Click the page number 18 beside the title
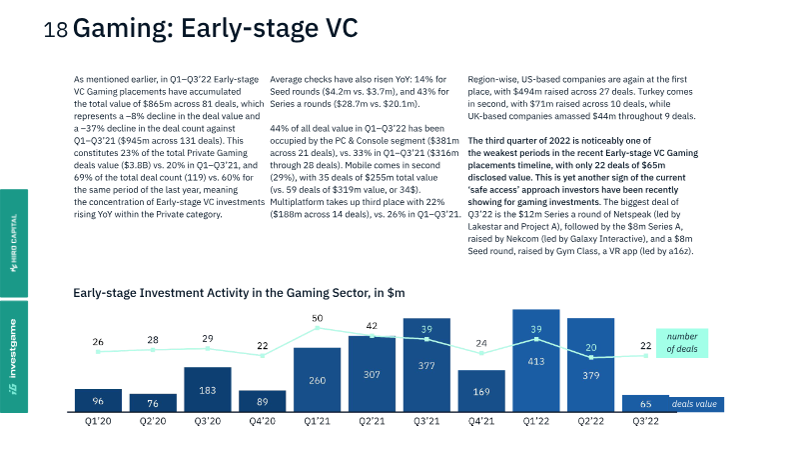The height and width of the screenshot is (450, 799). tap(56, 30)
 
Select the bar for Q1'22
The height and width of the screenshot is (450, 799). tap(536, 360)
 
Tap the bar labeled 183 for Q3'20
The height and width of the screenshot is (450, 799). tap(208, 389)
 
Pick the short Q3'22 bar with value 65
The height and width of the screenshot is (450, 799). tap(645, 403)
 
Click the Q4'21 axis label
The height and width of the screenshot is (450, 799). tap(481, 421)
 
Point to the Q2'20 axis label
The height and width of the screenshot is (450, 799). tap(153, 421)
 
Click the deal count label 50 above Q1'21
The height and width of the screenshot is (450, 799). tap(317, 318)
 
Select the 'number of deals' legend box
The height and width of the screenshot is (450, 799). tap(682, 343)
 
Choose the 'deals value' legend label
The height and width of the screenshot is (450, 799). tap(694, 404)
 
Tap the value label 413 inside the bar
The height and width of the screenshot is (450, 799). tap(536, 362)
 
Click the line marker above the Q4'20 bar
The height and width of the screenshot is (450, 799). tap(263, 356)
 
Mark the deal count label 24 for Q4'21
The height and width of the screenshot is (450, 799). tap(481, 343)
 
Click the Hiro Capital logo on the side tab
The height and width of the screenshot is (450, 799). tap(14, 243)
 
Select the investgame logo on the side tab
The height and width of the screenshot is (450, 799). tap(13, 357)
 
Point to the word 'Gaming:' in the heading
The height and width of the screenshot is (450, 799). tap(123, 28)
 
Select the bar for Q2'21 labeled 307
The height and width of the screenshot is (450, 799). tap(372, 373)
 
